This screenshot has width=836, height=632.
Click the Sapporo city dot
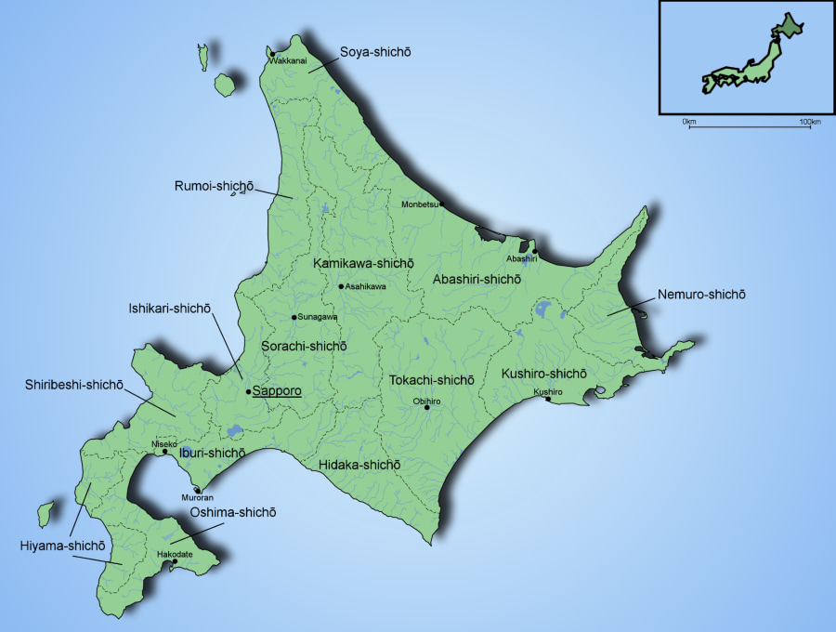tap(248, 392)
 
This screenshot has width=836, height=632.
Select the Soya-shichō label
tap(375, 53)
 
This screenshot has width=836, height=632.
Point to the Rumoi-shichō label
tap(214, 186)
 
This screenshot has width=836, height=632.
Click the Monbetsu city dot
tap(442, 204)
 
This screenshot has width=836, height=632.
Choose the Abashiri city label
tap(522, 258)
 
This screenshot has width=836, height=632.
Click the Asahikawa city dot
tap(341, 286)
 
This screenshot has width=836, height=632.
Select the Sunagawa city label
tap(318, 317)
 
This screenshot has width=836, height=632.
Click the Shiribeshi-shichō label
tap(74, 385)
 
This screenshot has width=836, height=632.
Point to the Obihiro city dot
tap(427, 407)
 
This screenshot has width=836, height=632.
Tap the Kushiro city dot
tap(548, 400)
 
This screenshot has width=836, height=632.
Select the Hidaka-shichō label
tap(359, 464)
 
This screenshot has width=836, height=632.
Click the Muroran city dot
tap(197, 490)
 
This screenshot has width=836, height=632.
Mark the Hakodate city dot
tap(175, 561)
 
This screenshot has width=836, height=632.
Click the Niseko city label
tap(164, 444)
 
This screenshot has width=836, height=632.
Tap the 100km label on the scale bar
tap(810, 123)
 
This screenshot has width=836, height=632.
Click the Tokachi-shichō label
tap(432, 380)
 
